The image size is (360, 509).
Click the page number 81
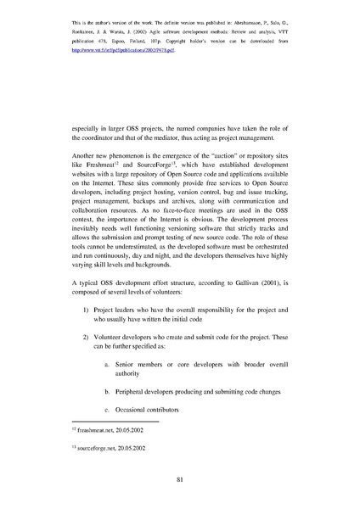180,479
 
